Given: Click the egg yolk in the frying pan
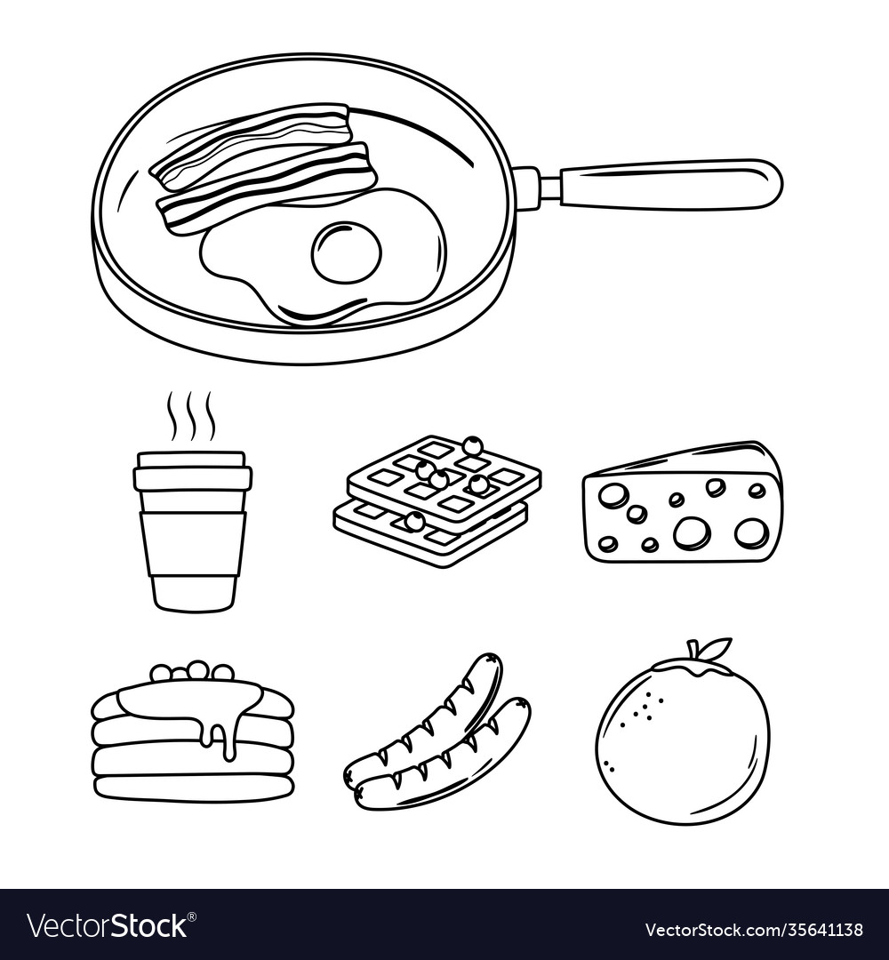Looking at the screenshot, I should (346, 252).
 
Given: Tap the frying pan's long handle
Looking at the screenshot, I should (667, 184).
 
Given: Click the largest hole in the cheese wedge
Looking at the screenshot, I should (691, 532).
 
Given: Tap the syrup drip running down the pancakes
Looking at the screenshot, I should (229, 733).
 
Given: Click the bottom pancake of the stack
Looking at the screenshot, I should (193, 787).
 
